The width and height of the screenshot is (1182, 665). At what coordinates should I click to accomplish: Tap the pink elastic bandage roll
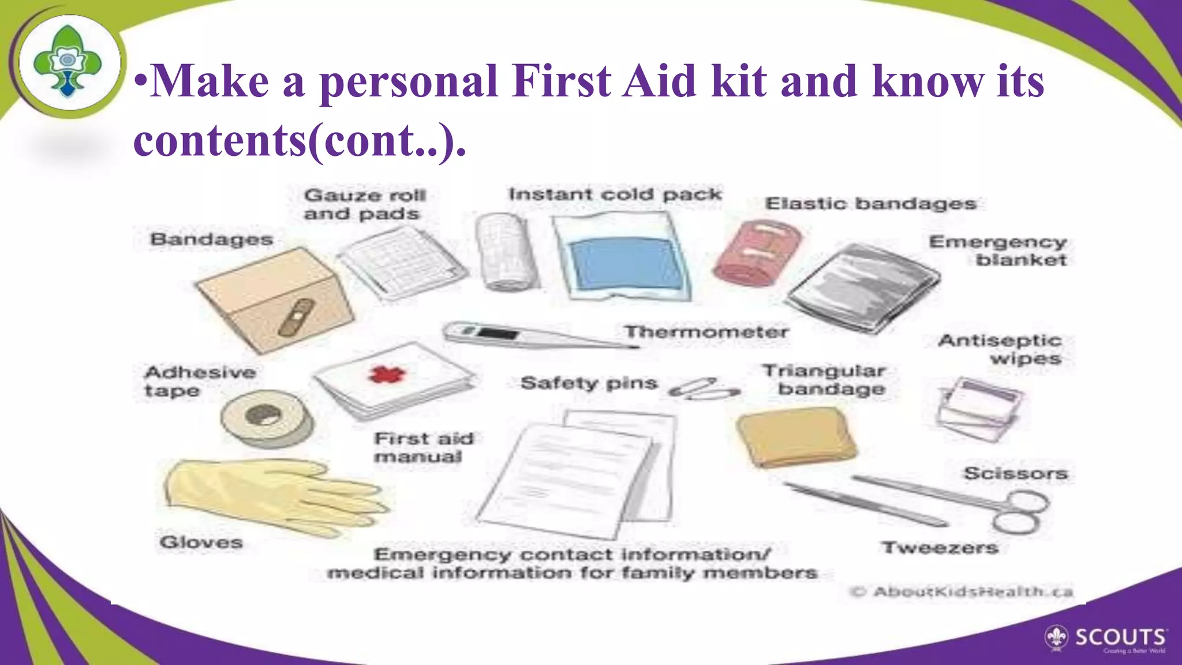point(756,253)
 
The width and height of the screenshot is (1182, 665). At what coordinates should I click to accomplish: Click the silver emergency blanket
point(863,287)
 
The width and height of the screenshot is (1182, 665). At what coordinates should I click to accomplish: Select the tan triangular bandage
point(796,436)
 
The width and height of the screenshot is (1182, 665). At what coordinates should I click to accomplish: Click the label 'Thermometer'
point(706,332)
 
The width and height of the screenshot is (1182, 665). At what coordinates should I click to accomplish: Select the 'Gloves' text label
point(201,543)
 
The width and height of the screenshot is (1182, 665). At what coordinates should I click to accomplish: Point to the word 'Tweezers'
point(940,547)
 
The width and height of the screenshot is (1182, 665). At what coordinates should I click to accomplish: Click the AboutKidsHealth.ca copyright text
point(962,592)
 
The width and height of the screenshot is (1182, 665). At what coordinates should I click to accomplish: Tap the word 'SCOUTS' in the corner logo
point(1120,637)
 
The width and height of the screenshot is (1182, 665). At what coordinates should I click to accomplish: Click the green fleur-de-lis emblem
point(68,61)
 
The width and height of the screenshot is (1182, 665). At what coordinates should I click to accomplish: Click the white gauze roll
point(505,252)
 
